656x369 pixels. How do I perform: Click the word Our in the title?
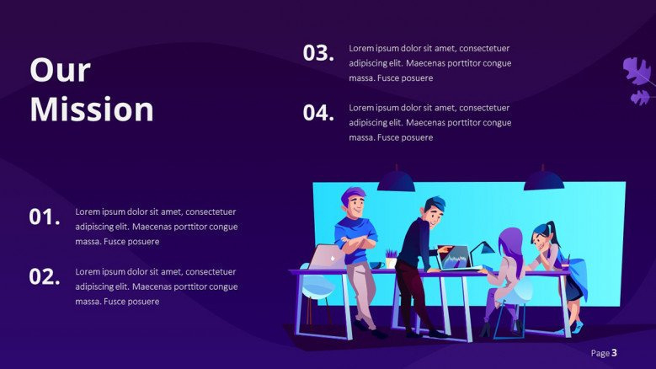pyautogui.click(x=61, y=69)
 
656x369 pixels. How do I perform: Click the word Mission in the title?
pyautogui.click(x=92, y=110)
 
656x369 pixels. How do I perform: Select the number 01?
pyautogui.click(x=45, y=217)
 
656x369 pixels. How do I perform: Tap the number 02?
pyautogui.click(x=45, y=276)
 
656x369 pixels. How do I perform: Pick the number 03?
pyautogui.click(x=318, y=53)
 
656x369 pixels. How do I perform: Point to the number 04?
pyautogui.click(x=318, y=113)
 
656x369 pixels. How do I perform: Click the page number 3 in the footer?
pyautogui.click(x=614, y=353)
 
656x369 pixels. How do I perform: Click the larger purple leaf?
pyautogui.click(x=637, y=71)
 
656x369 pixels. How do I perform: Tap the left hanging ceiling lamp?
pyautogui.click(x=396, y=180)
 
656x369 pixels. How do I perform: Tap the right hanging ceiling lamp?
pyautogui.click(x=543, y=179)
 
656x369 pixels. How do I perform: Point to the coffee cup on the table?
pyautogui.click(x=377, y=265)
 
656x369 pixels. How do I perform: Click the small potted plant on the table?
pyautogui.click(x=391, y=258)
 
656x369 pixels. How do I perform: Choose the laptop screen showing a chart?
pyautogui.click(x=455, y=257)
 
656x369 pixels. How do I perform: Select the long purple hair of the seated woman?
pyautogui.click(x=511, y=249)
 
